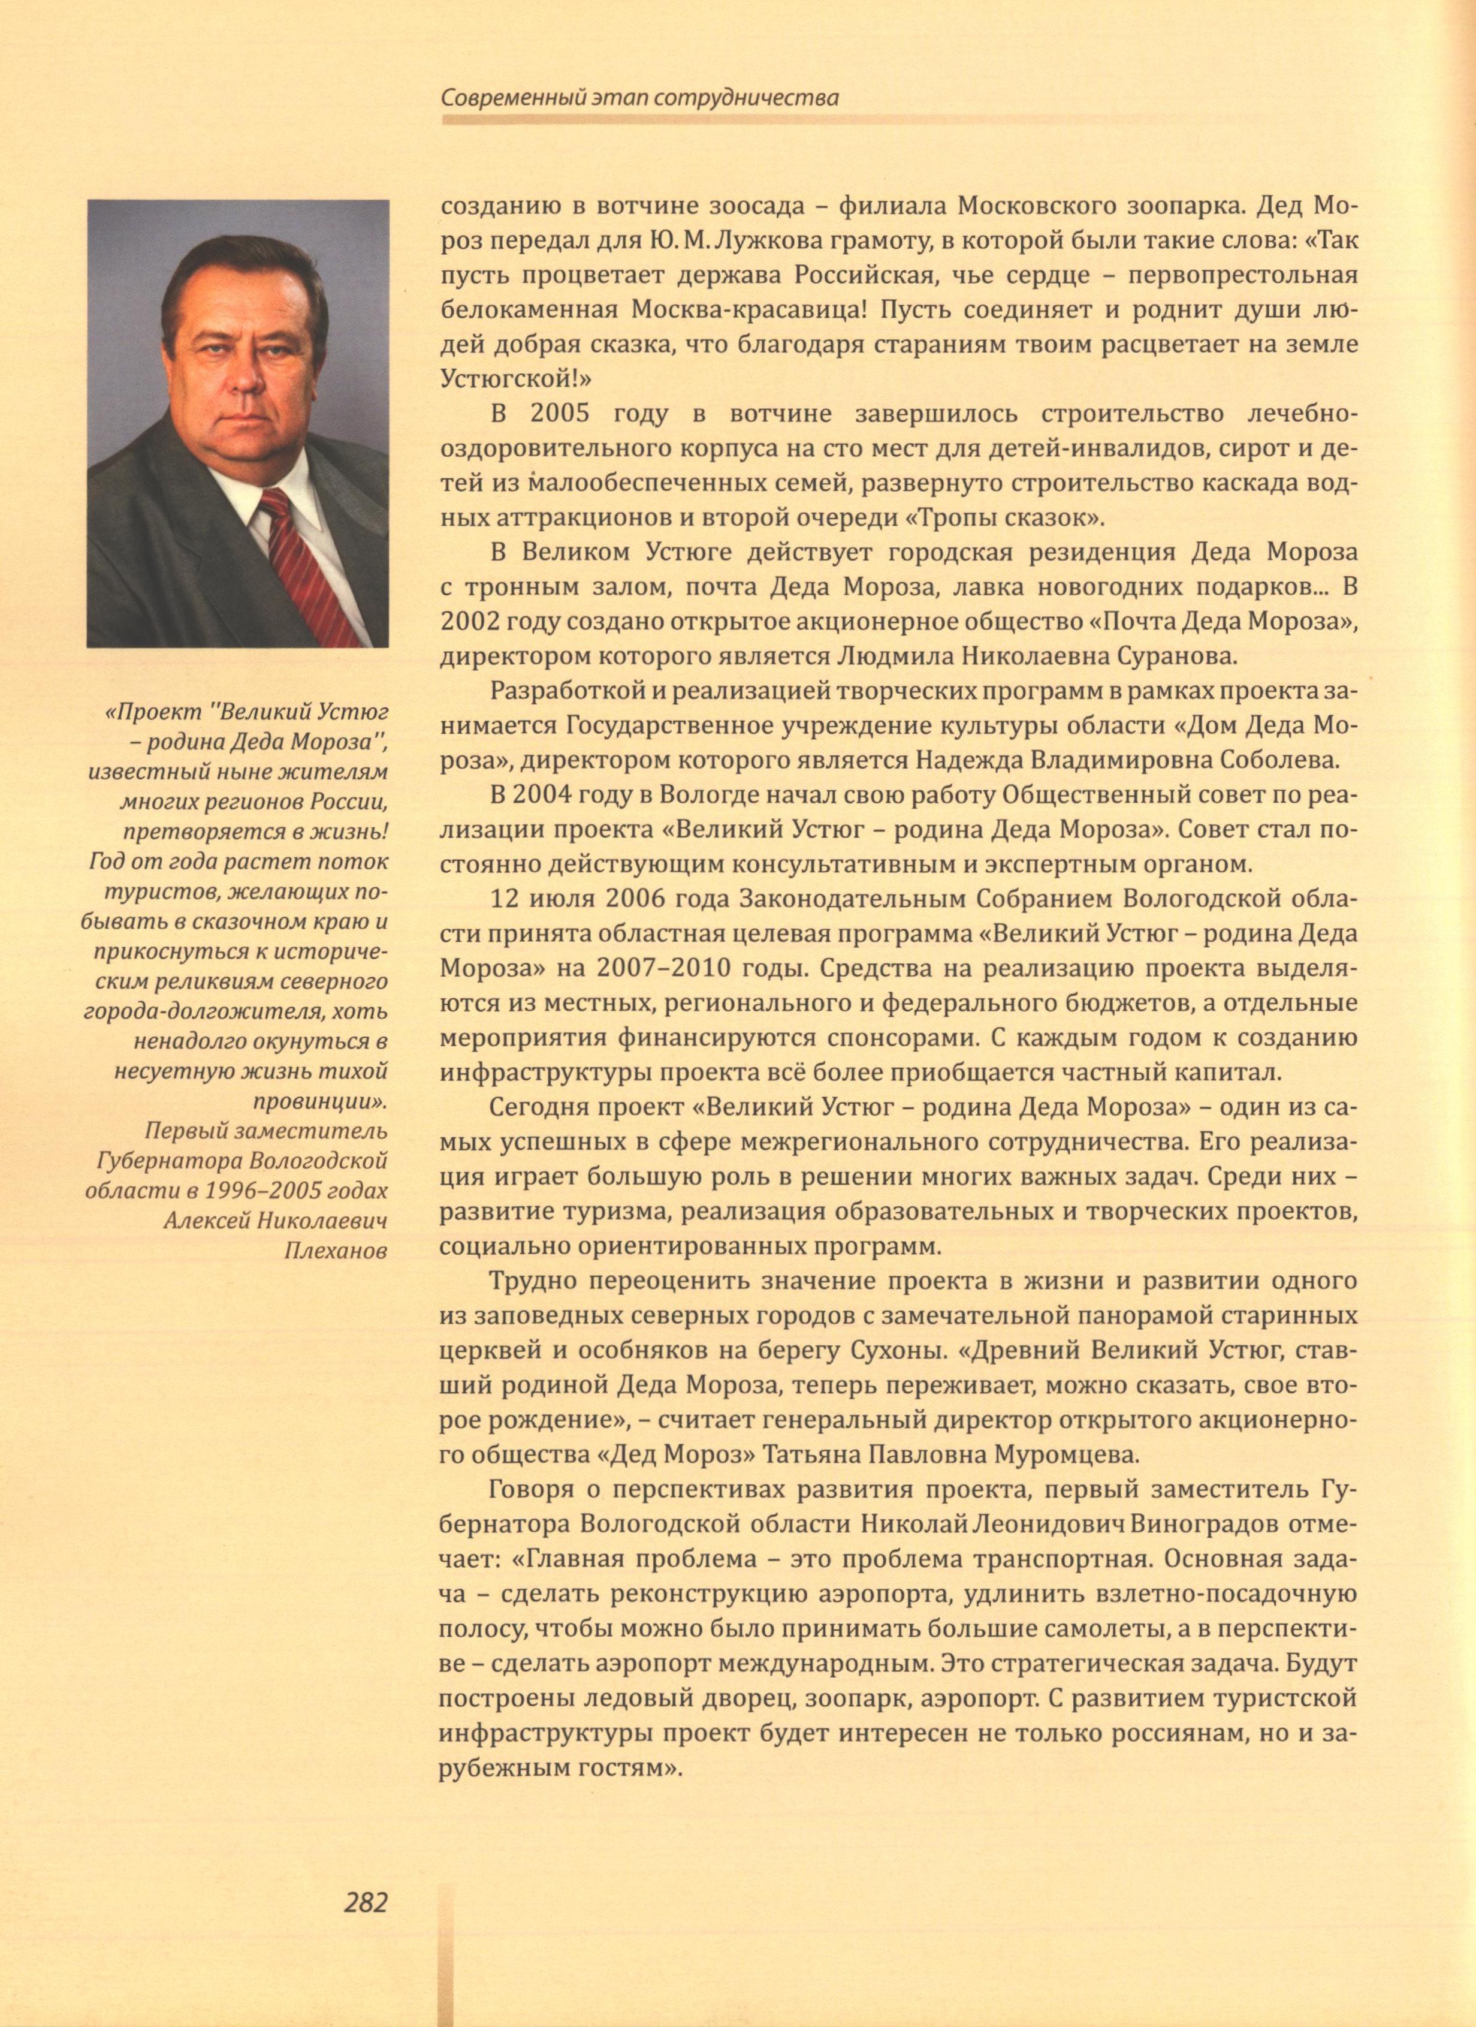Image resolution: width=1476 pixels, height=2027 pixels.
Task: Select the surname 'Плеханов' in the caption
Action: [x=335, y=1251]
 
